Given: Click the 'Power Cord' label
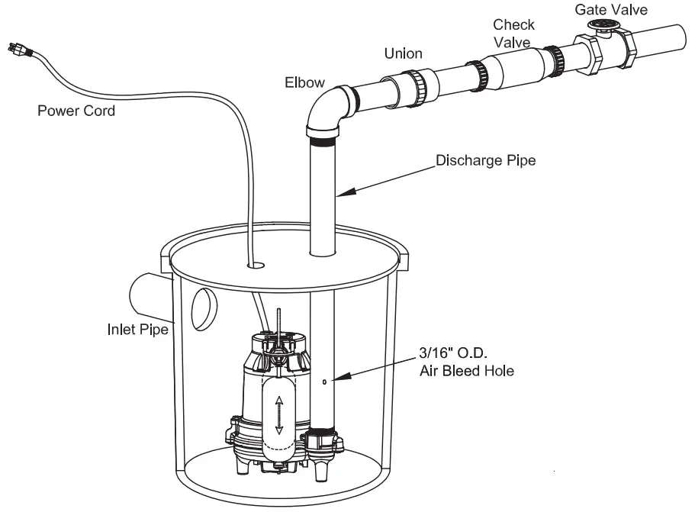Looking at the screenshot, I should coord(76,111).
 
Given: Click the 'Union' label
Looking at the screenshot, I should coord(403,54).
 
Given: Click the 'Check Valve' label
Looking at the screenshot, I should coord(513,34).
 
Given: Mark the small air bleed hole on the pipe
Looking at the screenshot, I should coord(324,382).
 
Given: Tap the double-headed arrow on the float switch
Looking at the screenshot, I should coord(278,415).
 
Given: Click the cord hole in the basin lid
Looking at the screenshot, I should coord(256,266).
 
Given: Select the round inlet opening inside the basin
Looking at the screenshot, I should coord(204,308).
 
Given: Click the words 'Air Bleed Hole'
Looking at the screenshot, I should coord(466,372).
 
